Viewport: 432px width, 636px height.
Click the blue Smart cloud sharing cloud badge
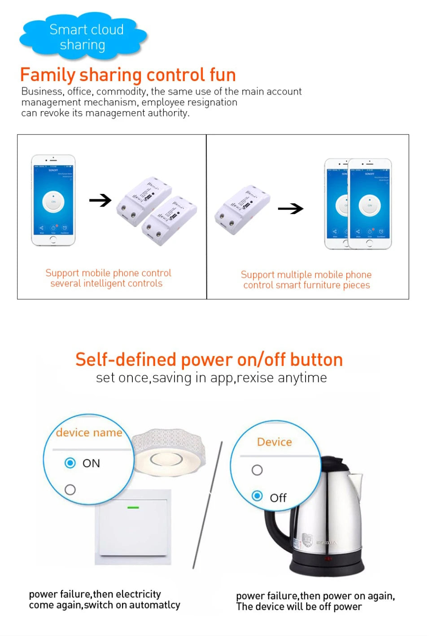tap(83, 37)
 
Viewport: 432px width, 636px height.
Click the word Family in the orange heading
tap(48, 75)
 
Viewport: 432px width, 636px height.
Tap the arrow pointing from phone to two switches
tap(100, 200)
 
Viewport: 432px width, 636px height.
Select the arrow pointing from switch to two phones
tap(290, 209)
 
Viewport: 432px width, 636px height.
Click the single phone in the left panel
tap(53, 200)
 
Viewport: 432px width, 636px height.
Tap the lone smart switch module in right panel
tap(242, 209)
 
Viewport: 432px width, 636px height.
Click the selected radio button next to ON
tap(70, 463)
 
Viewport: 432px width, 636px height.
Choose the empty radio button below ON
tap(70, 490)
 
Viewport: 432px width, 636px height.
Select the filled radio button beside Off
tap(257, 496)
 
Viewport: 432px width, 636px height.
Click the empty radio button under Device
tap(257, 470)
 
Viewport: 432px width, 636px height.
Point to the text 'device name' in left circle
tap(89, 433)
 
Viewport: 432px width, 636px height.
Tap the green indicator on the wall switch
tap(133, 507)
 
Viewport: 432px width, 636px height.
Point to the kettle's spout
tap(355, 481)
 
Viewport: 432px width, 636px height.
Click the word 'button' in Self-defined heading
tap(316, 360)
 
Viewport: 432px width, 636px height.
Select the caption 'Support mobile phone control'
tap(108, 273)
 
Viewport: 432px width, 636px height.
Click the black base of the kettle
tap(326, 566)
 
